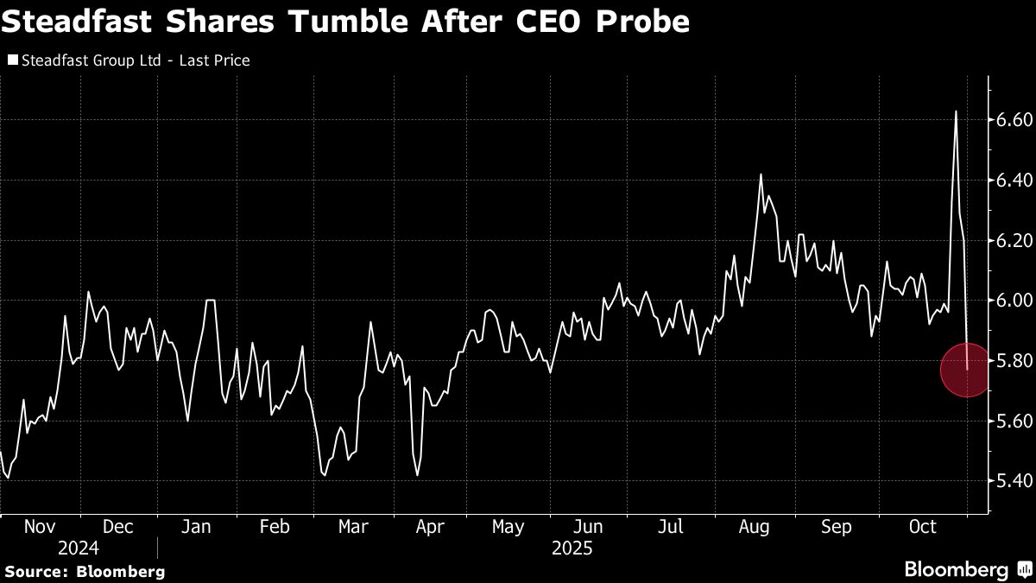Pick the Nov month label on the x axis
(40, 527)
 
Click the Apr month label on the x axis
(430, 527)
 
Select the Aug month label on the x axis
(755, 527)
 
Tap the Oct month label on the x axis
(922, 527)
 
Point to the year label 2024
(79, 548)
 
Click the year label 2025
(572, 548)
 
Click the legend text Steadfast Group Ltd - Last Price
(135, 60)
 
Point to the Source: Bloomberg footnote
(85, 571)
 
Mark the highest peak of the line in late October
(956, 111)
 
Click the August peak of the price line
(761, 174)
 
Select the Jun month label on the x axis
(588, 527)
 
